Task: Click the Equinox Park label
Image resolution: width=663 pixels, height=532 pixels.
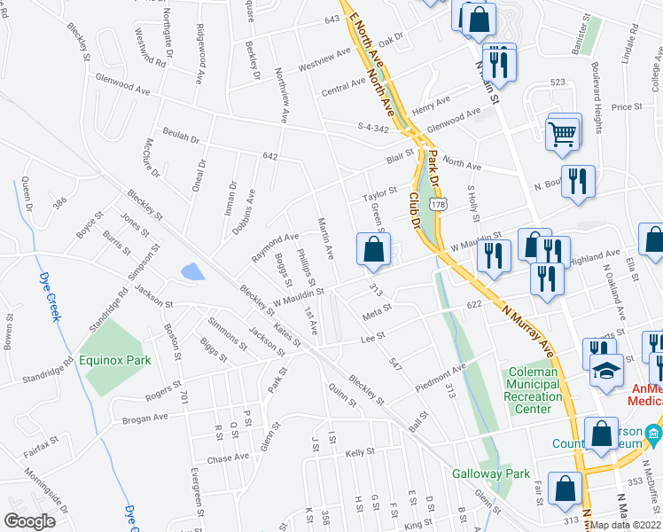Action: [x=113, y=360]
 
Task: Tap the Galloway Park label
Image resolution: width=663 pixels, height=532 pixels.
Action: [x=491, y=473]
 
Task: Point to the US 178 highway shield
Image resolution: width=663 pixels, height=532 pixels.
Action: [x=437, y=204]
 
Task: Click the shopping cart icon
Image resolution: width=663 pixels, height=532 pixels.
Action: [x=564, y=134]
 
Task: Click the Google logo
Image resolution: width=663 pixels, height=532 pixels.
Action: [x=29, y=520]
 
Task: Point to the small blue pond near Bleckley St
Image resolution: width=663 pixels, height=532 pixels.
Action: [x=191, y=271]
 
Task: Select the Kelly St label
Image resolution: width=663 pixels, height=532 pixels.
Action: [x=361, y=452]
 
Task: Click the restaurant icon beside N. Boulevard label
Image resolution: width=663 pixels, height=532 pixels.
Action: [x=578, y=181]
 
